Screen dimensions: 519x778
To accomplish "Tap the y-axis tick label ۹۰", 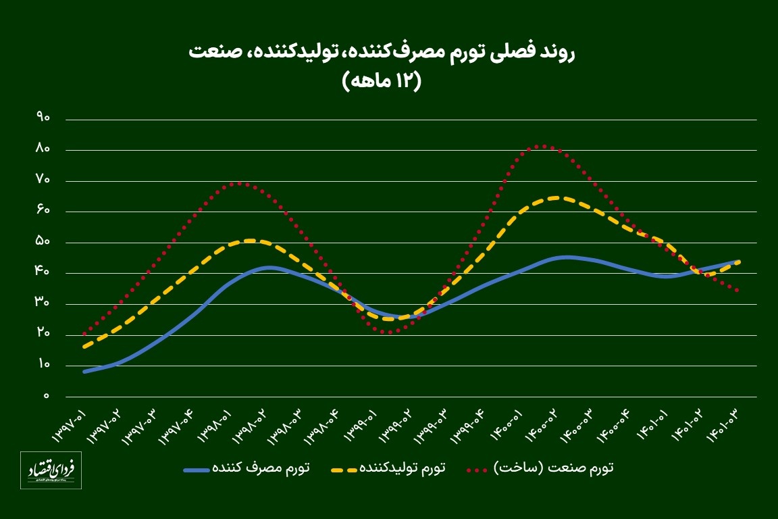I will click(x=44, y=118).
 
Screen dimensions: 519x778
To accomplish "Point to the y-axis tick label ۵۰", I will click(x=44, y=242).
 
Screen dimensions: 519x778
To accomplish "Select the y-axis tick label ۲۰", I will click(x=44, y=334).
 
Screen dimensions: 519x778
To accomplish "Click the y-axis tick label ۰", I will click(x=47, y=396).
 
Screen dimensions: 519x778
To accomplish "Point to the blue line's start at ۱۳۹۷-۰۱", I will click(x=84, y=372).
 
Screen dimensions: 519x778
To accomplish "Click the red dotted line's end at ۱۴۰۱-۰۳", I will click(x=738, y=291).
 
